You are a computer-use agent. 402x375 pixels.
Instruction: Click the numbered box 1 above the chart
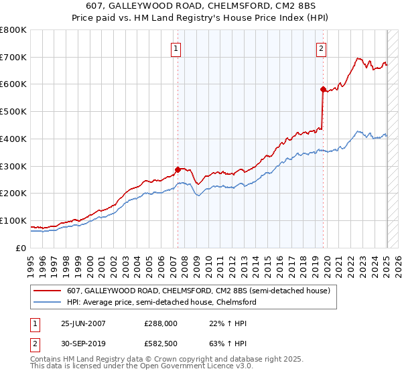[x=176, y=48]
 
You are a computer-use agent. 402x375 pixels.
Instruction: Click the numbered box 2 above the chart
[x=322, y=48]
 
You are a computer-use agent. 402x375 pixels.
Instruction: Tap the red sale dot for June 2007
[x=178, y=169]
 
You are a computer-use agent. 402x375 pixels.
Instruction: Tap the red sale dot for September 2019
[x=323, y=89]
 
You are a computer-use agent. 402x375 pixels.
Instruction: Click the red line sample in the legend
[x=47, y=291]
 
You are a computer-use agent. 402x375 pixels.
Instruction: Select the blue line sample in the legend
[x=47, y=303]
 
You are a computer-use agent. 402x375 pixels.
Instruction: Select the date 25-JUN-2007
[x=83, y=323]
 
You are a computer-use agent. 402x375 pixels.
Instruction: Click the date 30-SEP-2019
[x=83, y=345]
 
